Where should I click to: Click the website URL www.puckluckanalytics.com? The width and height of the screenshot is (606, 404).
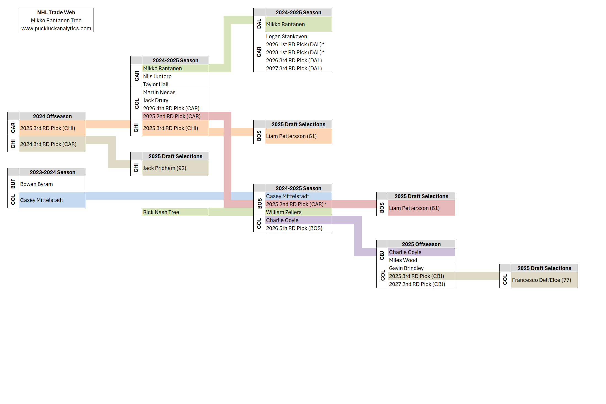(56, 28)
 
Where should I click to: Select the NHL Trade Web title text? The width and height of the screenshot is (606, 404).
(56, 12)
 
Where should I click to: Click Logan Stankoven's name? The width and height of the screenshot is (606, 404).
(286, 36)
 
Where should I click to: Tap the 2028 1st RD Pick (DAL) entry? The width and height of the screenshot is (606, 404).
(295, 52)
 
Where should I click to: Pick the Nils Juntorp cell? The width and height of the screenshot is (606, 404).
(157, 76)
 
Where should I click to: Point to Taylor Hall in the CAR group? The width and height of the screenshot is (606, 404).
(156, 84)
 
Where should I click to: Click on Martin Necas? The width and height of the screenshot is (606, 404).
(159, 92)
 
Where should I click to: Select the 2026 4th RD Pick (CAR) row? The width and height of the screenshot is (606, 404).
(171, 108)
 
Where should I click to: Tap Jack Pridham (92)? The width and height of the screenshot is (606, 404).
(165, 168)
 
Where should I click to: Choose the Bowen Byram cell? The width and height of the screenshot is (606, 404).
(36, 184)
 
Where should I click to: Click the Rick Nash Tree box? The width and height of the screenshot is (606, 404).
(175, 212)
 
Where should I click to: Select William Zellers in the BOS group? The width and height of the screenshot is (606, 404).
(284, 212)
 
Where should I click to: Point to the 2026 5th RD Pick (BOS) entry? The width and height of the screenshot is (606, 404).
(294, 228)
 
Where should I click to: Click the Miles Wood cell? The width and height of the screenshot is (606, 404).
(403, 260)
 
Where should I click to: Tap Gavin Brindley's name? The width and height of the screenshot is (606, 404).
(406, 268)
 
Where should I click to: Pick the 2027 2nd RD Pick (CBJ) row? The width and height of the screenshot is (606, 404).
(417, 284)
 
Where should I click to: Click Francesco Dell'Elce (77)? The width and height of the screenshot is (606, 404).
(541, 280)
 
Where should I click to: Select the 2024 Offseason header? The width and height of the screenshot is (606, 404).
(52, 116)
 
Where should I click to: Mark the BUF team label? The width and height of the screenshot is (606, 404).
(13, 184)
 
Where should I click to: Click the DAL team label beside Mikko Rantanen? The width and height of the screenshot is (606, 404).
(259, 24)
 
